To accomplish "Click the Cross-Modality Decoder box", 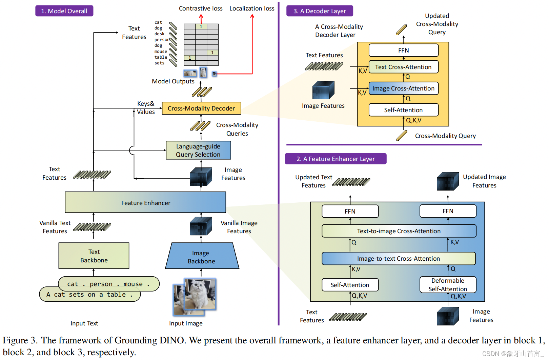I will pos(201,108).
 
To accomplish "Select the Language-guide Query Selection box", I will pos(198,150).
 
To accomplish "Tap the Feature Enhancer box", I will pos(145,203).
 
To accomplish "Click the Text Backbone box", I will pos(94,256).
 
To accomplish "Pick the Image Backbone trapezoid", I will pos(202,257).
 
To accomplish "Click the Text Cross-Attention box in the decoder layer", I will pos(403,67).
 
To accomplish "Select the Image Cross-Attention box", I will pos(403,88).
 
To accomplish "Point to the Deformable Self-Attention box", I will pos(448,285).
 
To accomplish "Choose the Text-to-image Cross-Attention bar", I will pos(399,231).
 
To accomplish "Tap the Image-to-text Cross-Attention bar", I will pos(399,259).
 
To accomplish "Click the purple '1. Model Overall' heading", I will pos(64,11).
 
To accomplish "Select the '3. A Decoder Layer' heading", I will pos(320,11).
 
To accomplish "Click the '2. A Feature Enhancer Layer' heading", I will pos(335,159).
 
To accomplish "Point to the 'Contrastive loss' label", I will pos(201,8).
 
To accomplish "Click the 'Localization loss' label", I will pos(252,8).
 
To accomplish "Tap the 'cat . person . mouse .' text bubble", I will pos(108,284).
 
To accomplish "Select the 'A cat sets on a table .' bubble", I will pos(89,295).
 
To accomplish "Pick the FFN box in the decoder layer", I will pos(403,51).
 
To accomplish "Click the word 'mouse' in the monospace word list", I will pos(161,52).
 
